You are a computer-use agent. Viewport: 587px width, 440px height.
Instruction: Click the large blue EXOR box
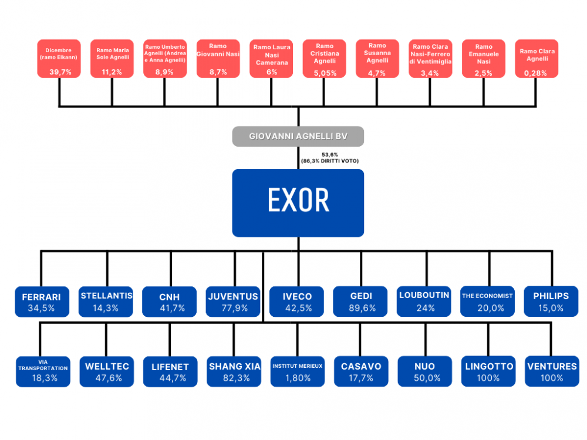pos(298,202)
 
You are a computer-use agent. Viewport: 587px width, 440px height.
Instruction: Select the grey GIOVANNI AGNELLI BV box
pos(298,136)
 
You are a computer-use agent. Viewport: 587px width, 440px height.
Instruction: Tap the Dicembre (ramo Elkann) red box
pos(59,59)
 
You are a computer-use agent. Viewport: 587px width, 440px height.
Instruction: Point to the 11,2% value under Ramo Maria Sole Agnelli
pos(112,72)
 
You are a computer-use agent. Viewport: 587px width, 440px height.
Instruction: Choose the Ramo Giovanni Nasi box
pos(218,59)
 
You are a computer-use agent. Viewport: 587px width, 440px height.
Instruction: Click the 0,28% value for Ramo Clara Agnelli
pos(537,73)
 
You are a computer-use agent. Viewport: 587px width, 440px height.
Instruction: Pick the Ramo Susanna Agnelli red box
pos(377,59)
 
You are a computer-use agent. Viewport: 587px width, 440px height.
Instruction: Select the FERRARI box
pos(42,302)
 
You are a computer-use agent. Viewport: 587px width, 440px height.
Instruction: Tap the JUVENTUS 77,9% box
pos(234,302)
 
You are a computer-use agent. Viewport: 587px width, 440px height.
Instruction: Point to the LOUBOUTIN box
pos(425,302)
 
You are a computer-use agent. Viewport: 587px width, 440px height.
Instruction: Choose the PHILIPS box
pos(552,302)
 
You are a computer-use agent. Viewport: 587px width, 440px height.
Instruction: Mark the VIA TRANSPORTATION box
pos(42,371)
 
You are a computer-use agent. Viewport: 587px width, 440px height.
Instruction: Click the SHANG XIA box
pos(234,371)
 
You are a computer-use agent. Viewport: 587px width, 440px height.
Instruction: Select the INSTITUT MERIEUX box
pos(298,371)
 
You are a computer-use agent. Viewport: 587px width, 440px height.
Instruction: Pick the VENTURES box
pos(552,371)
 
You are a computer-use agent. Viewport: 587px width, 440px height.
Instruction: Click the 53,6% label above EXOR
pos(329,154)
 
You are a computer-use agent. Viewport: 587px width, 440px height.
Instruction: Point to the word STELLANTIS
pos(106,295)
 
